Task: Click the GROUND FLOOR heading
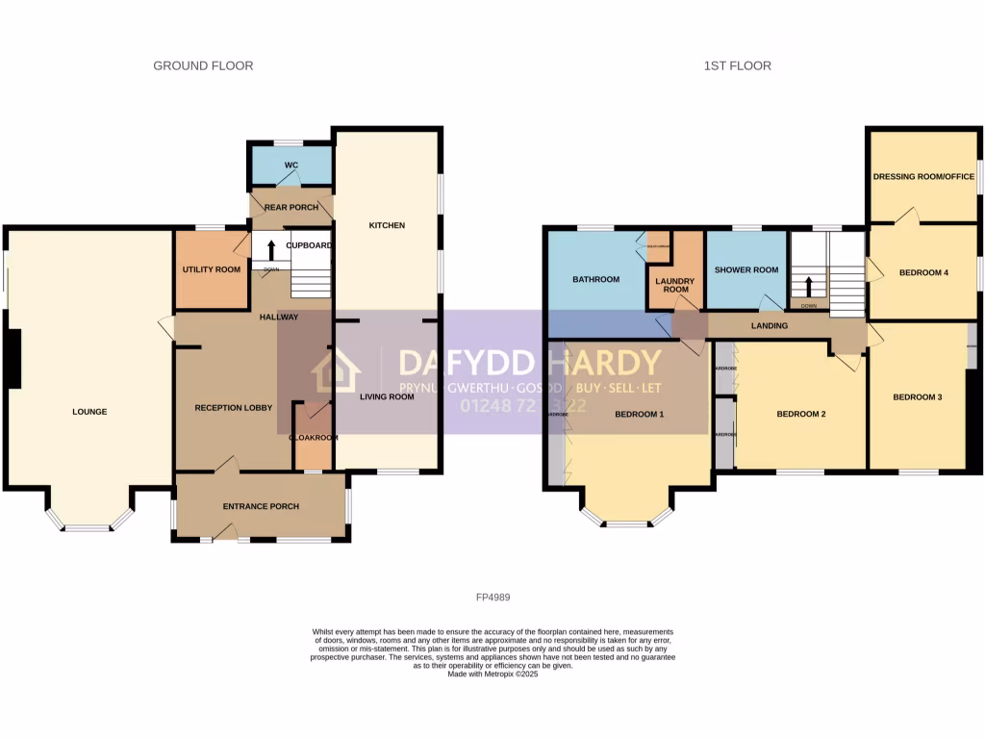(203, 65)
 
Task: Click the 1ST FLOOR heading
(737, 65)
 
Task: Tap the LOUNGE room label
(89, 412)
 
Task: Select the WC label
(290, 166)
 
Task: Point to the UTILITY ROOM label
(212, 269)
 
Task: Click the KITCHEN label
(387, 225)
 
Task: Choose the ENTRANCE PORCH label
(261, 506)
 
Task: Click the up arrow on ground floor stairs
(271, 249)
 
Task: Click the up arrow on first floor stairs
(808, 286)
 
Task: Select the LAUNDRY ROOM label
(675, 285)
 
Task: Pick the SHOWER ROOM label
(745, 270)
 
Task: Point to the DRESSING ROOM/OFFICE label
(923, 176)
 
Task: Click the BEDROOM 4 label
(923, 272)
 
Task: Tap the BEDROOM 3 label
(917, 397)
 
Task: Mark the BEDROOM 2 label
(801, 415)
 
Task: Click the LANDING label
(770, 326)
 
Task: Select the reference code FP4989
(492, 597)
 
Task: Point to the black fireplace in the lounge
(13, 359)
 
